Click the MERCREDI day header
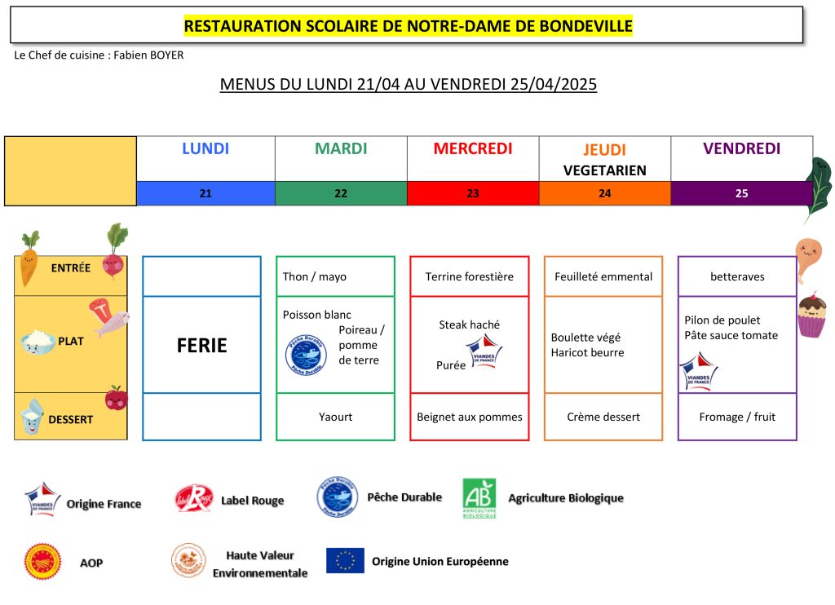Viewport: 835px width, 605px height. click(473, 148)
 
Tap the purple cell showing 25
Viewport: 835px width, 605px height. click(742, 193)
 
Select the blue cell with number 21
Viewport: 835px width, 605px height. click(205, 193)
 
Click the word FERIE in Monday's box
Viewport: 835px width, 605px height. click(202, 346)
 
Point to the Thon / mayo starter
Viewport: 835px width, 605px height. click(315, 276)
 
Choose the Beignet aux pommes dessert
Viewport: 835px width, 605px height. click(470, 417)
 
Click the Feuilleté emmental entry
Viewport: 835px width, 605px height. click(603, 276)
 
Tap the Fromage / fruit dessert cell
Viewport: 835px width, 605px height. click(737, 417)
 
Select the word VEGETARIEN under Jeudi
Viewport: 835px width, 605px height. click(605, 170)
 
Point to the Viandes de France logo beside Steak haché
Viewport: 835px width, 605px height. click(484, 351)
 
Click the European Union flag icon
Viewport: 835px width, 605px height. click(345, 560)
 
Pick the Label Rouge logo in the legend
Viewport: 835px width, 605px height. click(194, 498)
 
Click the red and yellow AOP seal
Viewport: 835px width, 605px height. click(42, 562)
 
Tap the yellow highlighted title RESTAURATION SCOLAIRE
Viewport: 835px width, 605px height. click(409, 25)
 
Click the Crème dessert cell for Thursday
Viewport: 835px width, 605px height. click(603, 417)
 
